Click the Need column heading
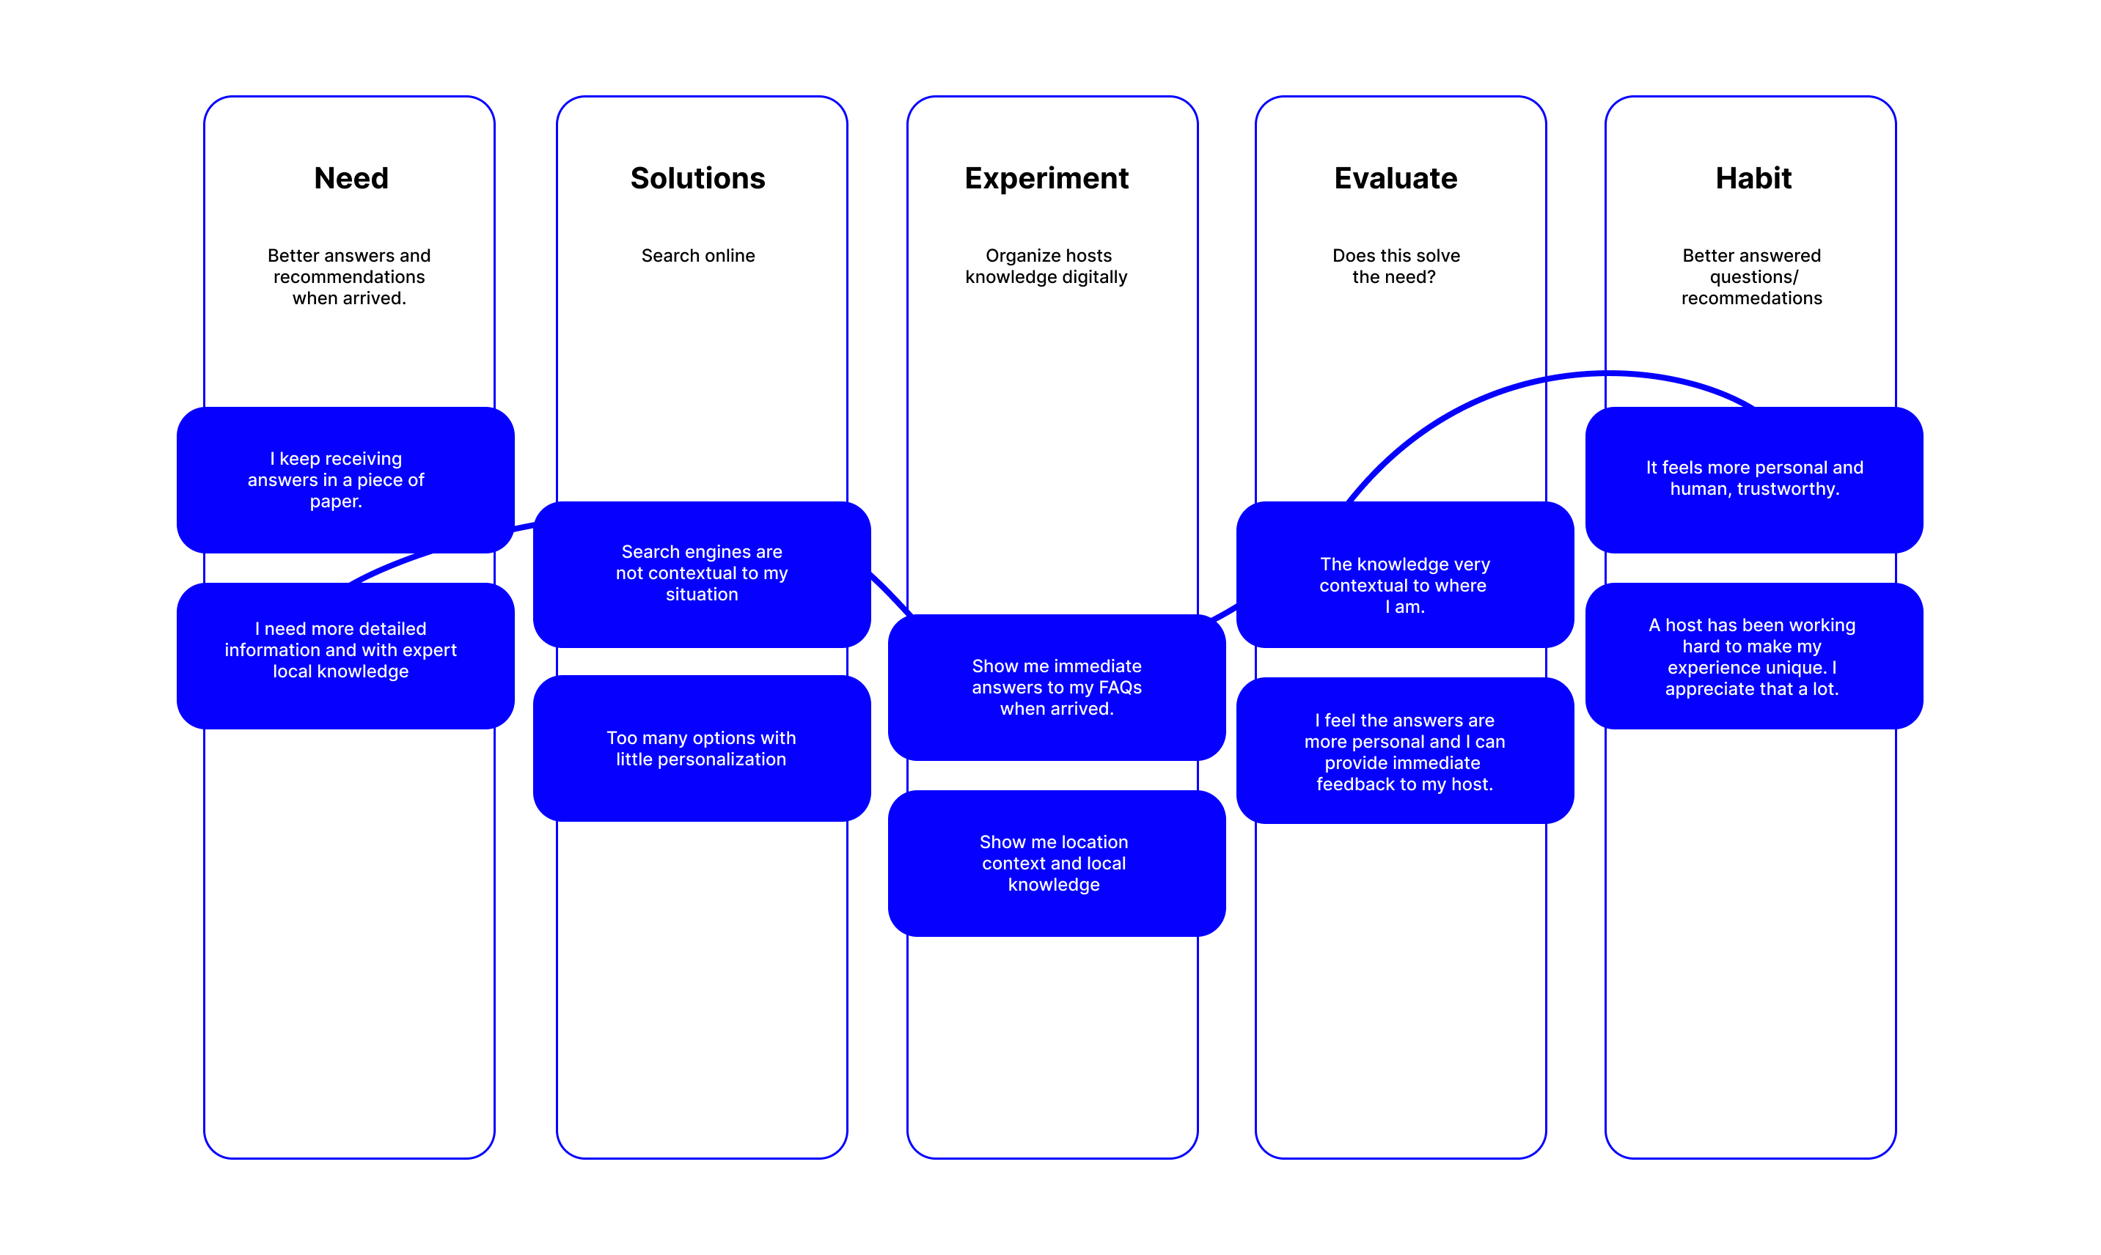[351, 178]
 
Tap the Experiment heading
[1046, 178]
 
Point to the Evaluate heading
[1396, 178]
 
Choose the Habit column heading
[1753, 178]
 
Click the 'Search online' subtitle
[698, 255]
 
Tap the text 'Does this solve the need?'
[1396, 266]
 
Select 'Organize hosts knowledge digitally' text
[1047, 266]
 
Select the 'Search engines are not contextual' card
[701, 573]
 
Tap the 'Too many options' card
[701, 748]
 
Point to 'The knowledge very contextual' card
[1404, 585]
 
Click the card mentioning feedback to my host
[1404, 751]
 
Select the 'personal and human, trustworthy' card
[1753, 479]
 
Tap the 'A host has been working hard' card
[1753, 656]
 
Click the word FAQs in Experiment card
[1120, 688]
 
